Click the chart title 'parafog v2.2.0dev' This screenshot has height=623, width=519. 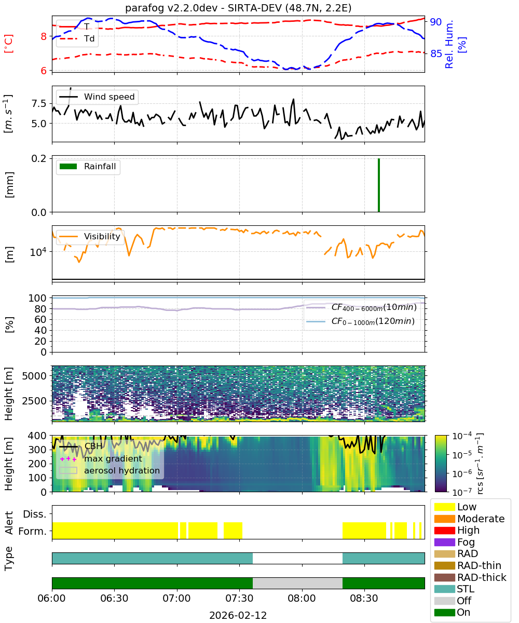click(171, 8)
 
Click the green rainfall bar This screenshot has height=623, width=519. click(378, 185)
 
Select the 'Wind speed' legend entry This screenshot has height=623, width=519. click(97, 97)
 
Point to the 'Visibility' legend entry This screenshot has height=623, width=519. click(89, 236)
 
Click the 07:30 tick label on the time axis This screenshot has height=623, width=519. click(239, 598)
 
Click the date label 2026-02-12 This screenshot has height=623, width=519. click(238, 615)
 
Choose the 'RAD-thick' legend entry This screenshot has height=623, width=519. click(470, 577)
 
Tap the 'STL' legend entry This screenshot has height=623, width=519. click(454, 589)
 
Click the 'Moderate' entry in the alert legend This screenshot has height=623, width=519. click(469, 519)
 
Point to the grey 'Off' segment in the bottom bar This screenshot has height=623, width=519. click(297, 583)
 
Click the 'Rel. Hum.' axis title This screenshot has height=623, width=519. click(448, 44)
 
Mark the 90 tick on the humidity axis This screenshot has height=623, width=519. click(435, 22)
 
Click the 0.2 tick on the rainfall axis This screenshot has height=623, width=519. click(39, 158)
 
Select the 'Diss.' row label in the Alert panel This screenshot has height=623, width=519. click(35, 514)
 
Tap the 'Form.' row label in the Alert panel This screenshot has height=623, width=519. click(33, 532)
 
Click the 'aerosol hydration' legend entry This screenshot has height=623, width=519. click(110, 470)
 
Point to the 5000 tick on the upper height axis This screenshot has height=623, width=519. click(34, 376)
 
